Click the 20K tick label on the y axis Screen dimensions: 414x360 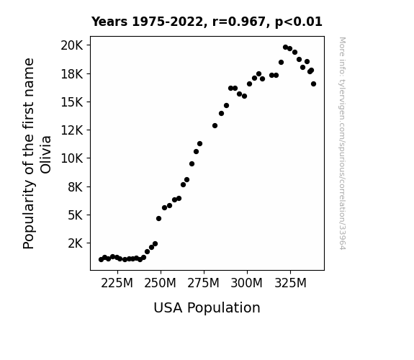click(72, 45)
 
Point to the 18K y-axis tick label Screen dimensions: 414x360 click(72, 73)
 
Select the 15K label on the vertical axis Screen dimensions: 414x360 click(72, 102)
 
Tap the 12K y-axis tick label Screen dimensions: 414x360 click(72, 130)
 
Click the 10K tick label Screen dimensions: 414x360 click(72, 158)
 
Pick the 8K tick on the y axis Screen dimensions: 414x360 click(76, 186)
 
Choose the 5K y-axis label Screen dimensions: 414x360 click(76, 215)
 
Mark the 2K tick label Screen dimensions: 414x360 click(76, 243)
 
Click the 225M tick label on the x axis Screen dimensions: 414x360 click(117, 283)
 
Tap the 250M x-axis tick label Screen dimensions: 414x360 click(160, 283)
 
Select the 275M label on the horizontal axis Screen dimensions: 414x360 click(203, 283)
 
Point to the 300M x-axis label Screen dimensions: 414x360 click(247, 283)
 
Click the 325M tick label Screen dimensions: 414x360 click(290, 283)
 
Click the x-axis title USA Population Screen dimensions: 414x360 click(207, 307)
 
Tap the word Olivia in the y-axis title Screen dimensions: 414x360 click(45, 155)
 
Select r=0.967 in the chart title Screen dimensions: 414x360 click(239, 22)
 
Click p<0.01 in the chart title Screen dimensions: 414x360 click(299, 22)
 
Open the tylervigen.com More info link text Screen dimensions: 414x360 click(342, 143)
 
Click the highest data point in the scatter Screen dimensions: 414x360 click(285, 48)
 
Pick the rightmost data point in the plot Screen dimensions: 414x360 click(313, 84)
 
